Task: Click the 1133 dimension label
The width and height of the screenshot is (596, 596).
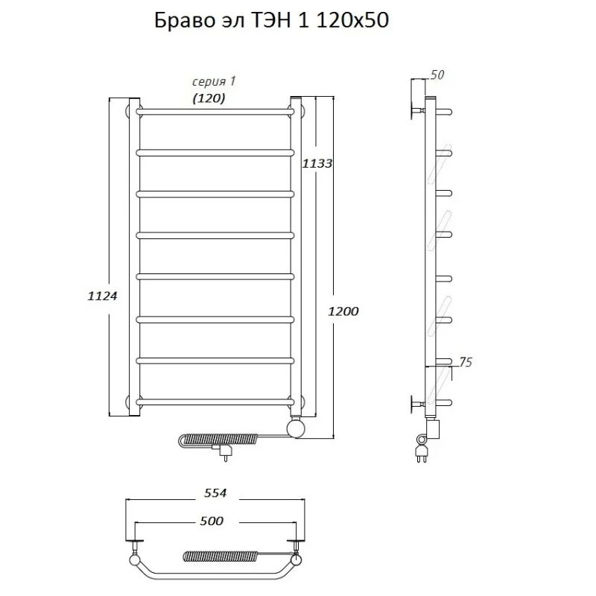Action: click(x=317, y=163)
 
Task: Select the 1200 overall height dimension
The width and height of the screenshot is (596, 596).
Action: click(x=344, y=312)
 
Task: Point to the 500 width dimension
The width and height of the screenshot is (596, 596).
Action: click(x=212, y=521)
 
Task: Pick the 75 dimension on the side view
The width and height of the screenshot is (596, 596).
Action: click(x=464, y=363)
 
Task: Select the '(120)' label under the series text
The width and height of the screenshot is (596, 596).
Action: click(x=209, y=98)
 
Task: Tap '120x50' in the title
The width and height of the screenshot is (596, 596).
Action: click(x=353, y=22)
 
